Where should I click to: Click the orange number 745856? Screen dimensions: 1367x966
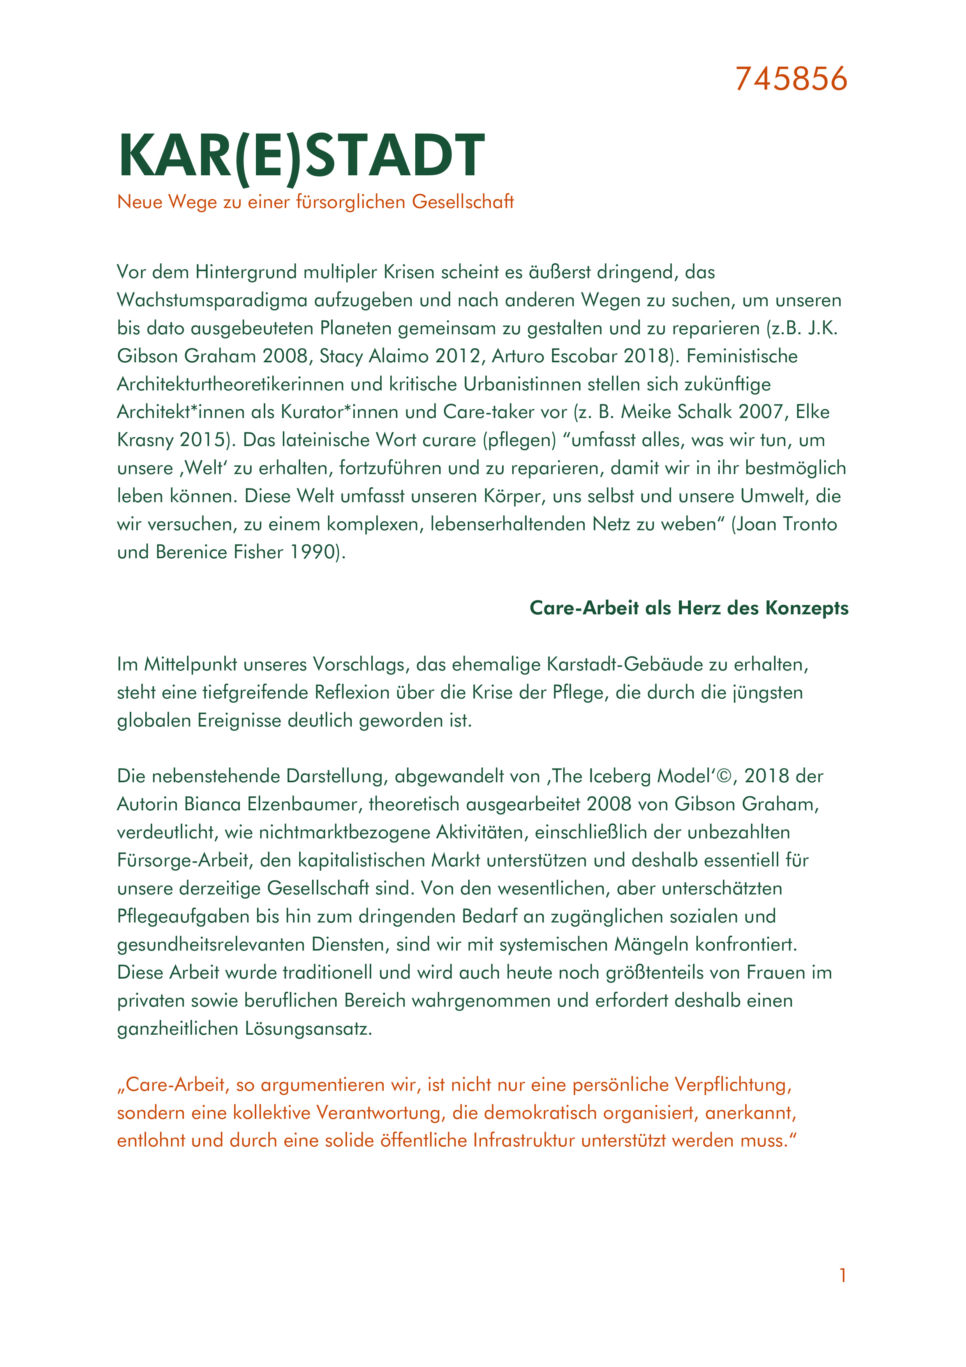pyautogui.click(x=791, y=79)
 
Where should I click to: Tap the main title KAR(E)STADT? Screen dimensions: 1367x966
pyautogui.click(x=302, y=155)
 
